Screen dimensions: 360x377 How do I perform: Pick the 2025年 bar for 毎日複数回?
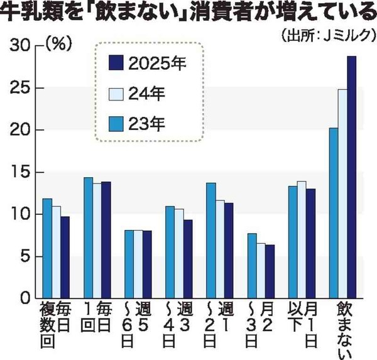(65, 257)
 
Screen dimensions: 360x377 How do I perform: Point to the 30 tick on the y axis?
(23, 45)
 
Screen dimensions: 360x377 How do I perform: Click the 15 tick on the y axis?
(23, 172)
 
